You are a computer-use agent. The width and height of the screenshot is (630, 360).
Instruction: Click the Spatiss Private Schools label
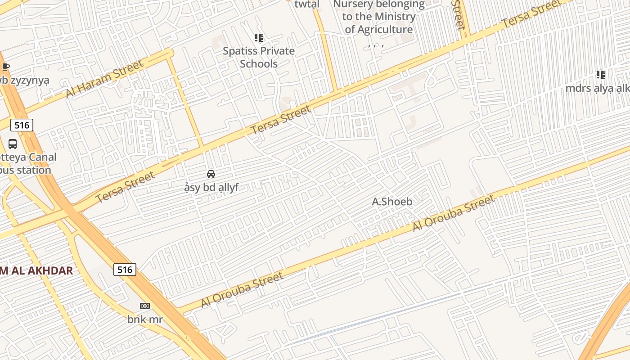(259, 57)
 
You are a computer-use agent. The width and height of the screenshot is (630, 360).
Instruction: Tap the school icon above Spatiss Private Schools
(259, 38)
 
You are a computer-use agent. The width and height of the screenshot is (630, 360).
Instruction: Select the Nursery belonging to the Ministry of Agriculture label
(378, 17)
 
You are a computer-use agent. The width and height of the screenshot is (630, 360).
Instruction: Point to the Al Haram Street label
(104, 79)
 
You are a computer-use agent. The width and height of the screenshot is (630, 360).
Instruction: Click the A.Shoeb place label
(392, 202)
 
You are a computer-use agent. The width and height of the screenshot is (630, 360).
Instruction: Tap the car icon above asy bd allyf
(211, 174)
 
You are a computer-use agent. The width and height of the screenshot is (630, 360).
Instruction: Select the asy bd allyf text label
(211, 188)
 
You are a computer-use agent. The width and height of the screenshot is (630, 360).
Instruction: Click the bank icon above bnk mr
(144, 306)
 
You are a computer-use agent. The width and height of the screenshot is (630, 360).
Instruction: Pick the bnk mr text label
(144, 319)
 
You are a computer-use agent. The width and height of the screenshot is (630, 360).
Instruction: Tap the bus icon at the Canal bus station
(13, 144)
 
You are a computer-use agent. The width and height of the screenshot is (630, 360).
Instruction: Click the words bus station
(25, 170)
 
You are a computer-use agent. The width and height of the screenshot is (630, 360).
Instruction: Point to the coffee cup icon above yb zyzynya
(5, 67)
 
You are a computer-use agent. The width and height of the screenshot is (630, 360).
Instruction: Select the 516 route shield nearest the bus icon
(22, 125)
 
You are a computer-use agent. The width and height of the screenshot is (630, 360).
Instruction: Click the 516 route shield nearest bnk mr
(124, 270)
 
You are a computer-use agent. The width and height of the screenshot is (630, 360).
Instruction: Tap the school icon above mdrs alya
(600, 75)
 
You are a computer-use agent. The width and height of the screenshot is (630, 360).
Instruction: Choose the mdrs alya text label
(598, 88)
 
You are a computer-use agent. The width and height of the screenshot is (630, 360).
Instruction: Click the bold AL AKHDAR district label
(36, 270)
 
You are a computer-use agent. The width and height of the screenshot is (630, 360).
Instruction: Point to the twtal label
(306, 4)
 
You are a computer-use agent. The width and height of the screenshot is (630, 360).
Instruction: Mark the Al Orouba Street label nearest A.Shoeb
(454, 213)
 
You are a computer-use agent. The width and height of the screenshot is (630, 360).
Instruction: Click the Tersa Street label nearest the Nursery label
(531, 14)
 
